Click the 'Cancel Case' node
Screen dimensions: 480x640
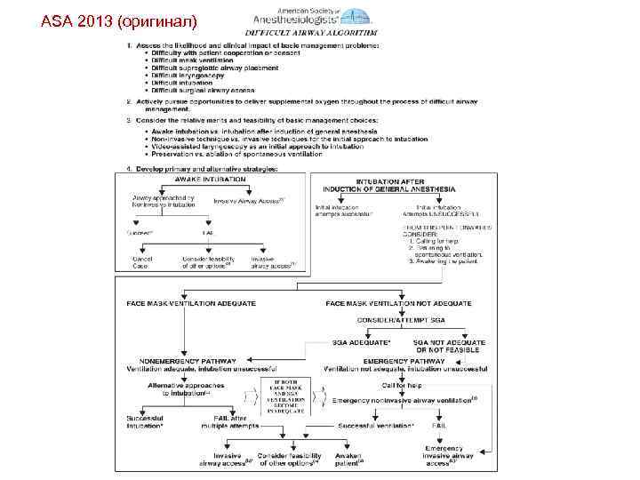143,261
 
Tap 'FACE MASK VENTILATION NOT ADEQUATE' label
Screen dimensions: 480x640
399,303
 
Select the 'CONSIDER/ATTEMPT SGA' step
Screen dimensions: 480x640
401,319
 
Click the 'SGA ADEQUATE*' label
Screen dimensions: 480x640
361,341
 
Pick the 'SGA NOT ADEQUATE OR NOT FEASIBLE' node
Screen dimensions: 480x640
450,345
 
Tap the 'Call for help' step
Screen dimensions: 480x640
402,385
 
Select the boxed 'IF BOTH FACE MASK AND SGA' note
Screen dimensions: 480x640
285,396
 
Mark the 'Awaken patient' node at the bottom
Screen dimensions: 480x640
349,460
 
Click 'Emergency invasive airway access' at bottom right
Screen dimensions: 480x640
449,455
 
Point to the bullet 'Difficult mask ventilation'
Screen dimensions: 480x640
190,60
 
